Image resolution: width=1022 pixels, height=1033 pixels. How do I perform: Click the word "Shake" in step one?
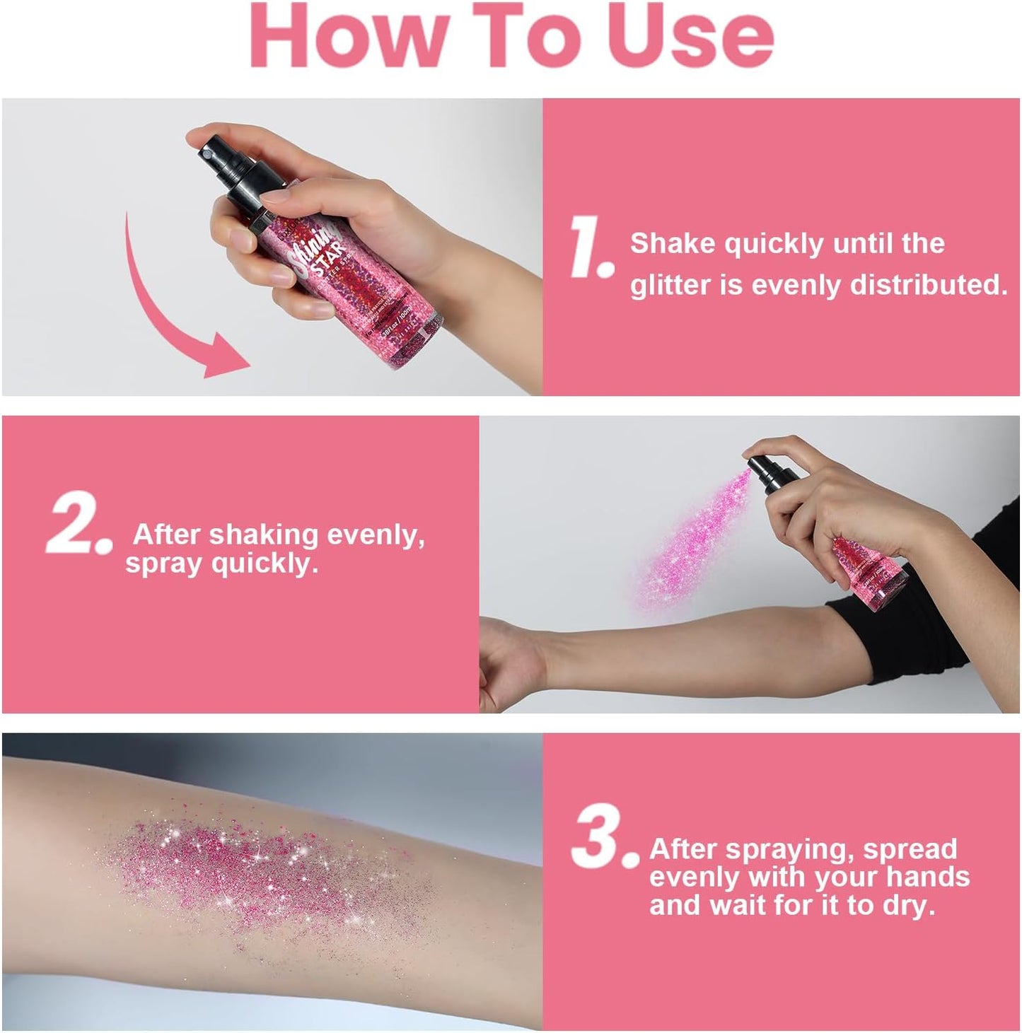pos(673,243)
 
